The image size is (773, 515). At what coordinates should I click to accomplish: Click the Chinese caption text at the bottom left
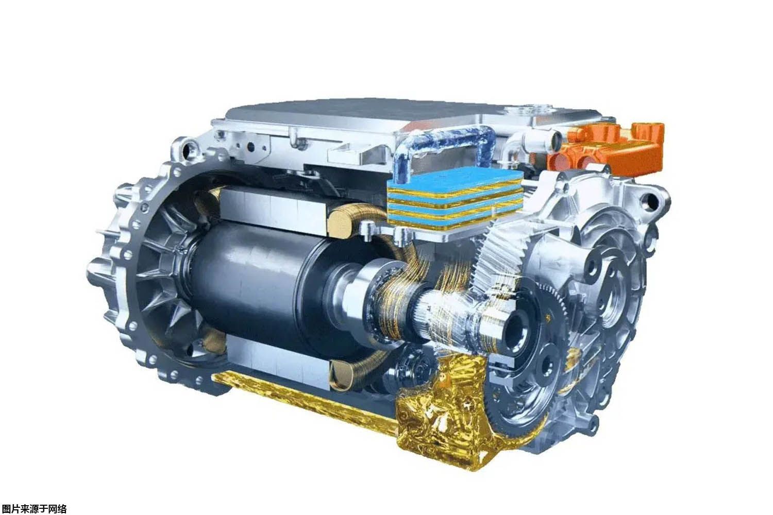[x=34, y=509]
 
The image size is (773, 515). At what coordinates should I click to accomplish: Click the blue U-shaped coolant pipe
[x=443, y=142]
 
